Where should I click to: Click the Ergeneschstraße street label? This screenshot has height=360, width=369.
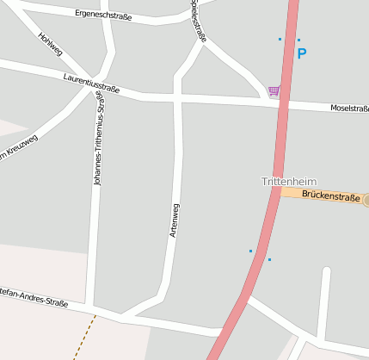pyautogui.click(x=103, y=16)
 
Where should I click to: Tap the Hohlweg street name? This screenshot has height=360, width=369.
pyautogui.click(x=51, y=48)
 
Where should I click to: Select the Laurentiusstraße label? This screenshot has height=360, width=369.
pyautogui.click(x=90, y=83)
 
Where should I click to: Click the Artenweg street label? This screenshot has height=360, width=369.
pyautogui.click(x=174, y=220)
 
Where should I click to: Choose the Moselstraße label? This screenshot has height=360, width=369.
pyautogui.click(x=349, y=109)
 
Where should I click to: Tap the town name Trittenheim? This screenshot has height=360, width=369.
pyautogui.click(x=289, y=181)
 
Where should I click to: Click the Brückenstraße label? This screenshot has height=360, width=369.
pyautogui.click(x=331, y=196)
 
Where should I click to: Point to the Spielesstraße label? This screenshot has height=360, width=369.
pyautogui.click(x=199, y=21)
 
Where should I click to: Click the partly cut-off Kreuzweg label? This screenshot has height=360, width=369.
pyautogui.click(x=19, y=146)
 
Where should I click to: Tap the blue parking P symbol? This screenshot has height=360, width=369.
pyautogui.click(x=301, y=53)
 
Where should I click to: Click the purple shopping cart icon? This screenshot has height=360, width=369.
pyautogui.click(x=274, y=90)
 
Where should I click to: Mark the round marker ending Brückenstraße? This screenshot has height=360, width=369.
pyautogui.click(x=366, y=200)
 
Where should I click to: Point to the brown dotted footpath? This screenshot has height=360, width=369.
pyautogui.click(x=84, y=337)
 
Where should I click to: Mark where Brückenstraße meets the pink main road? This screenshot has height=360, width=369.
pyautogui.click(x=280, y=192)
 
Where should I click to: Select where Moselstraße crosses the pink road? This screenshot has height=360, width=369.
pyautogui.click(x=283, y=103)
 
